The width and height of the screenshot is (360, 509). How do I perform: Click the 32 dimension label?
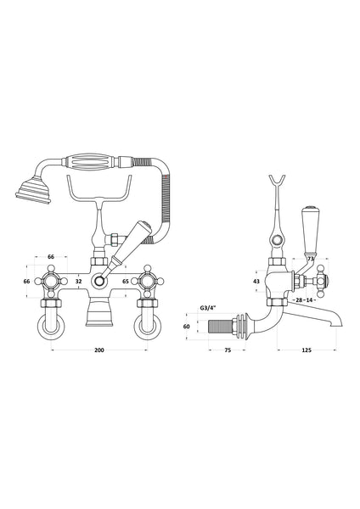tap(79, 280)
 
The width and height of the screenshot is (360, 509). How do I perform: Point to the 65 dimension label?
tap(126, 280)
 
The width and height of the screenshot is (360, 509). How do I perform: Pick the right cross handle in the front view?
tap(149, 280)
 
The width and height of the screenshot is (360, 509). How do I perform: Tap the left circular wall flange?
tap(51, 325)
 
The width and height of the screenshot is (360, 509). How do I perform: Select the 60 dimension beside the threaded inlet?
tap(211, 326)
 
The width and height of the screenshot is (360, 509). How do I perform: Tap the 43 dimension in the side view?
tap(256, 281)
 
